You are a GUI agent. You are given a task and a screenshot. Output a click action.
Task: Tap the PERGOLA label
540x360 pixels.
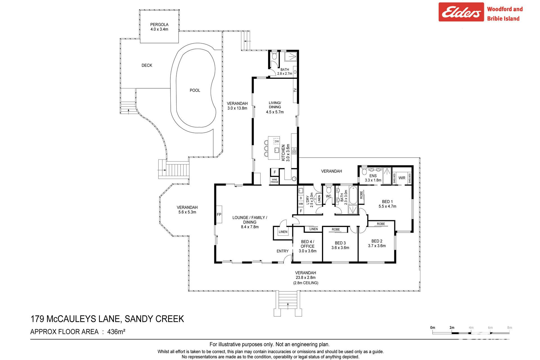pos(159,24)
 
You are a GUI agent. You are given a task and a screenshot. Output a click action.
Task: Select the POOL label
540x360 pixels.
pos(195,90)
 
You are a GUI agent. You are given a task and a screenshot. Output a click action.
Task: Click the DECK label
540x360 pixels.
pos(147,65)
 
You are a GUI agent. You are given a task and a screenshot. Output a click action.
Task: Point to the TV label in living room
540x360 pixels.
pos(295,90)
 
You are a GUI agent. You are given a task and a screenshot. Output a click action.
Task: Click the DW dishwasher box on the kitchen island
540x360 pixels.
pos(277,141)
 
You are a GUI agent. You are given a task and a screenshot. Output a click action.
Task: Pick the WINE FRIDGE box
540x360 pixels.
pos(274,181)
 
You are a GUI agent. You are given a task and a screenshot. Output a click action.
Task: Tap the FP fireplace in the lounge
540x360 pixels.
pos(219,215)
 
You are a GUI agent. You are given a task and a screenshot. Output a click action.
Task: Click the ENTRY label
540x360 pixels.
pos(282,251)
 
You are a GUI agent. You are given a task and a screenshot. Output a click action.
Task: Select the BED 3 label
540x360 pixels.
pos(340,243)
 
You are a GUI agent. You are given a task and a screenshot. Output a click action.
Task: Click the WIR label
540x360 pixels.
pos(402,178)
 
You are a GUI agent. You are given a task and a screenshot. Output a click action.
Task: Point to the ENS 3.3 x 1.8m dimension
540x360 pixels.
pos(373,180)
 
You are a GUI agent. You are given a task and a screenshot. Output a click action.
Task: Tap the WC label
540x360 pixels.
pos(328,196)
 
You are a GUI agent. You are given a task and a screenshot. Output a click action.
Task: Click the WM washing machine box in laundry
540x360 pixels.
pos(301,204)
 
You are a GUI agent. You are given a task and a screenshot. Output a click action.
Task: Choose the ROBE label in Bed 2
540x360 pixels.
pos(381,224)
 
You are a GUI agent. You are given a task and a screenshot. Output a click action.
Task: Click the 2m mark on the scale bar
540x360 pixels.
pos(452,328)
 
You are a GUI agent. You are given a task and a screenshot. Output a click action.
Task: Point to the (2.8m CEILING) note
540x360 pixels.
pos(306,283)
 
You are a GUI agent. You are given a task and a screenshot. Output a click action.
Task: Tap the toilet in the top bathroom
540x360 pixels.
pos(274,56)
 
